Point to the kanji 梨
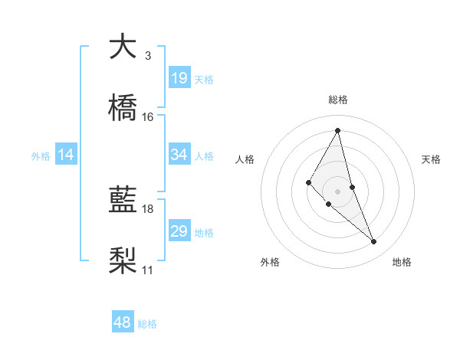point(123,260)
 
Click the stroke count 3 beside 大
point(147,56)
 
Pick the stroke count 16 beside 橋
point(148,117)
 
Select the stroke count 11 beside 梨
point(148,270)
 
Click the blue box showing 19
point(179,78)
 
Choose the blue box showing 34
point(179,155)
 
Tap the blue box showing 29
point(179,231)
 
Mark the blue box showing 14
point(66,155)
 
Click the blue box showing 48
point(123,322)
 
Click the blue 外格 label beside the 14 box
point(41,155)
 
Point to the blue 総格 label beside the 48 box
point(147,324)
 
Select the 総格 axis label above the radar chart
point(338,100)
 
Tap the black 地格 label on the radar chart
point(402,263)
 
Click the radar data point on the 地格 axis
point(374,242)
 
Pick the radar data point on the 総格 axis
point(338,130)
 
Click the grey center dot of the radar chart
point(338,191)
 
